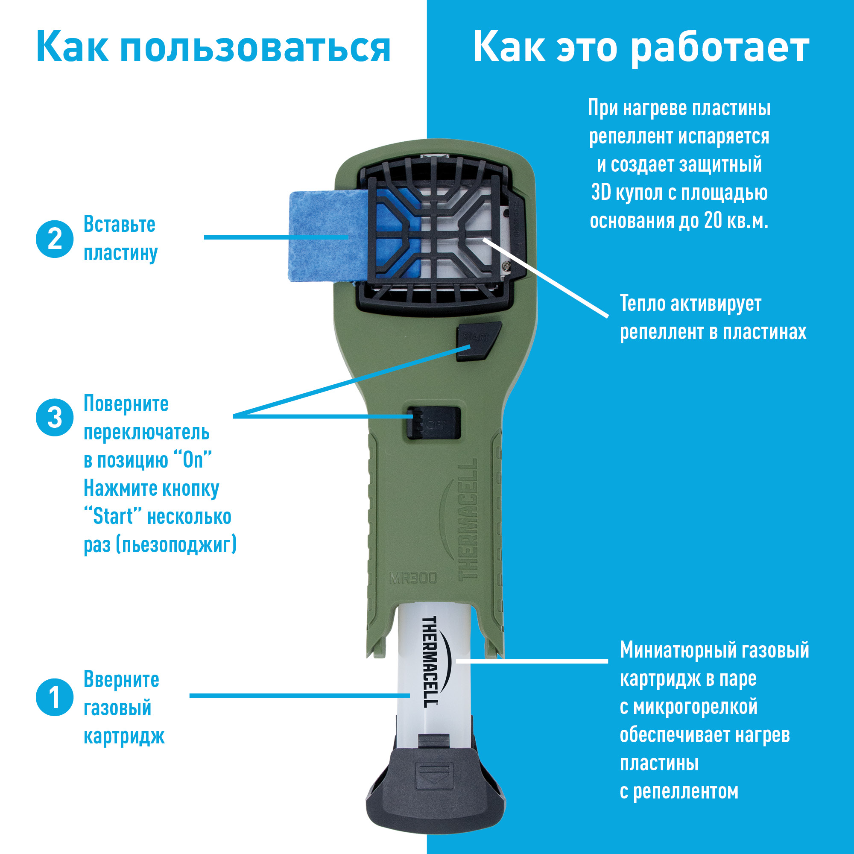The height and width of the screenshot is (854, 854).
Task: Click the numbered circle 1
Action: [54, 697]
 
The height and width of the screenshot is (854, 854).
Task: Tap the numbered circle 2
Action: [54, 239]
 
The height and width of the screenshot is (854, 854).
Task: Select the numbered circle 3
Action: [54, 417]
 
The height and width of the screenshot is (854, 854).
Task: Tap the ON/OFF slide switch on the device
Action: [434, 423]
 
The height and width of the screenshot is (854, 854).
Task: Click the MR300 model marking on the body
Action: [413, 578]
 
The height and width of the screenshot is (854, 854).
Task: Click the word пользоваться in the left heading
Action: [255, 48]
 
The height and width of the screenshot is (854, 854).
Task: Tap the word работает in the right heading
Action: [719, 47]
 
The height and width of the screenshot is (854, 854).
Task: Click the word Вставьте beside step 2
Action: [120, 225]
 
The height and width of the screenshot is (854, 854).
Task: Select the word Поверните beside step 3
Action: [126, 404]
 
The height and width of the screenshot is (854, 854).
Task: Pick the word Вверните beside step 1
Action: [121, 679]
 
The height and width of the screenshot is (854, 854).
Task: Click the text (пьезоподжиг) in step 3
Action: [176, 544]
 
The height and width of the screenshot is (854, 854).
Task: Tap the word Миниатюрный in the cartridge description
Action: [677, 650]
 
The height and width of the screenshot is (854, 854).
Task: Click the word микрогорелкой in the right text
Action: [695, 707]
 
